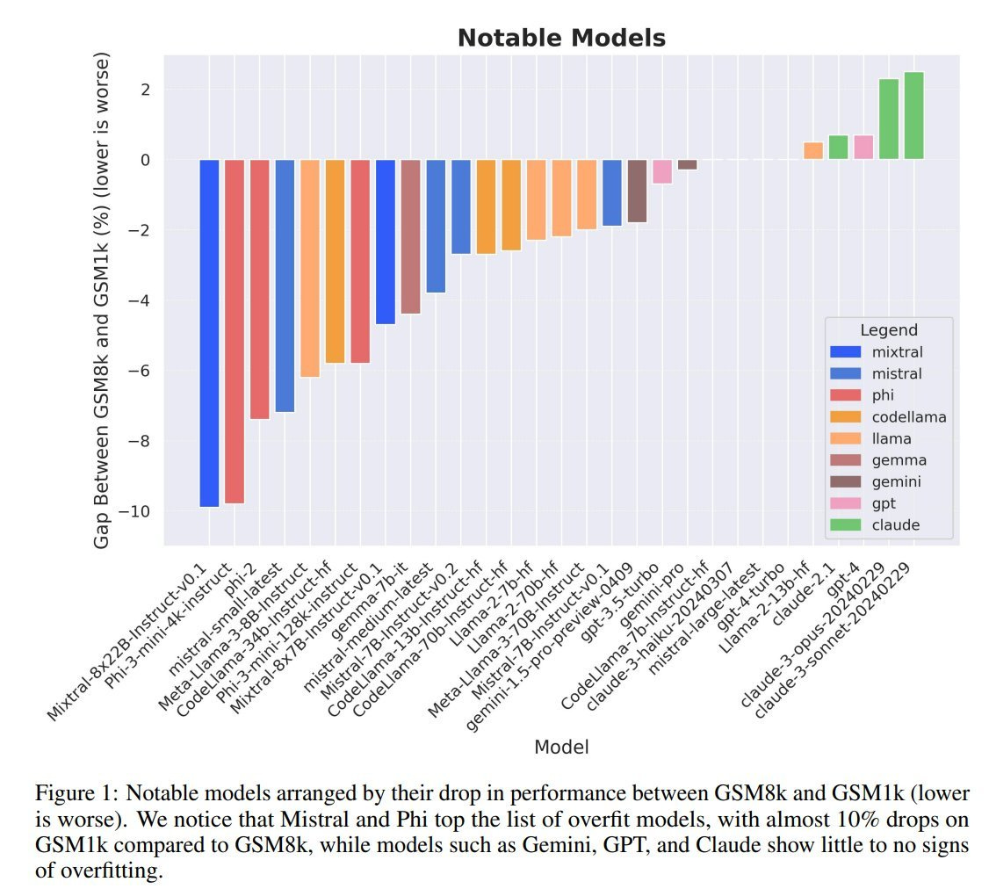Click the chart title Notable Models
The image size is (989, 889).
point(561,39)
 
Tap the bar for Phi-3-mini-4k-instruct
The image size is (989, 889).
point(235,330)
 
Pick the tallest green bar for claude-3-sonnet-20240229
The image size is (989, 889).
point(913,116)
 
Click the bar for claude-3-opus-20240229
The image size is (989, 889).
point(889,119)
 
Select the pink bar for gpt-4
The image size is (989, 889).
point(863,148)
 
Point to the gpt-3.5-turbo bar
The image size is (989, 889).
point(662,171)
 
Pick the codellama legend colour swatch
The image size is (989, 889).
point(845,417)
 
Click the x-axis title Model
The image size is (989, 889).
point(561,747)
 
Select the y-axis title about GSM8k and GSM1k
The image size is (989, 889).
point(102,301)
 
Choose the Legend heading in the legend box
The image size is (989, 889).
point(888,330)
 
